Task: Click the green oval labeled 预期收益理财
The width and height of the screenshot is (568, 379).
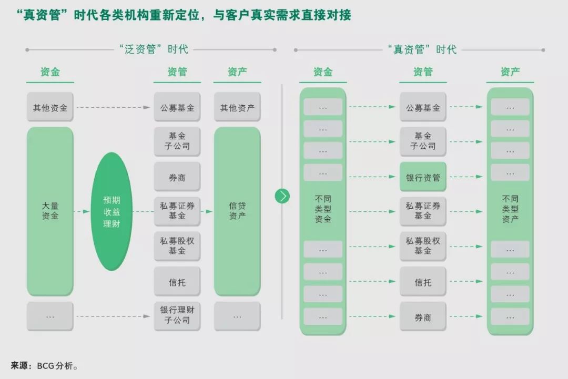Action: click(111, 211)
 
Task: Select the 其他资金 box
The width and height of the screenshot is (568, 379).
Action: click(50, 108)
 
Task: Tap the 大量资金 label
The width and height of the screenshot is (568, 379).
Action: click(50, 211)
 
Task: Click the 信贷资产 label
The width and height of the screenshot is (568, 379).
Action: click(237, 211)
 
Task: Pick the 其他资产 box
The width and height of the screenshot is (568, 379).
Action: click(237, 108)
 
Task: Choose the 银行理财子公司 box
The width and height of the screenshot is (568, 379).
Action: click(177, 315)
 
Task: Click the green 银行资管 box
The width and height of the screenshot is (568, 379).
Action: click(423, 178)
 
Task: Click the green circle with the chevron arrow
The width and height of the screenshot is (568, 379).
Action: click(282, 196)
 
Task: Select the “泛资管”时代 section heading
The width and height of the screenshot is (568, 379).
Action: click(153, 50)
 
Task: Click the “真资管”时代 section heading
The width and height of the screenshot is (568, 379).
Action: click(422, 50)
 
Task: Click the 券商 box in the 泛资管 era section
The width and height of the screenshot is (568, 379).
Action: click(177, 178)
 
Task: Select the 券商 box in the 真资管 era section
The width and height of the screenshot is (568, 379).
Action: click(423, 317)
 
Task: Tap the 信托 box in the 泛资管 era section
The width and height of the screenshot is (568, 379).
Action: click(177, 282)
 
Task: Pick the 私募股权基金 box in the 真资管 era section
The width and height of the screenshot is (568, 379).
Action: click(423, 246)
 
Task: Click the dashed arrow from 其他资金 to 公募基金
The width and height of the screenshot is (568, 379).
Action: click(113, 108)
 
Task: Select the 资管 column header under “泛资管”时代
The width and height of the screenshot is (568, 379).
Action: click(177, 72)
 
